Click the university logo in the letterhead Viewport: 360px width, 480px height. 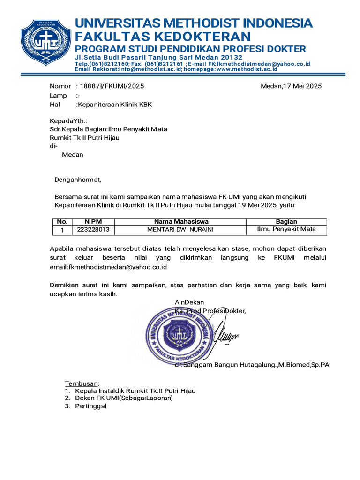click(x=45, y=43)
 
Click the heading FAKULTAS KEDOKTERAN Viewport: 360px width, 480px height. click(x=163, y=37)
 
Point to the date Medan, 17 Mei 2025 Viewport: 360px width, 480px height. click(x=291, y=86)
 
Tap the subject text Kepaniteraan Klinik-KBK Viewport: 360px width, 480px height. click(x=115, y=105)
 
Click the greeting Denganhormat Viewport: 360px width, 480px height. click(x=78, y=179)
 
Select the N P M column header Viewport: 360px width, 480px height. click(x=93, y=221)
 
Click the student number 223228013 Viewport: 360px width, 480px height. click(x=93, y=230)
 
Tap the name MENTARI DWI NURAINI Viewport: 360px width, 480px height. click(x=180, y=230)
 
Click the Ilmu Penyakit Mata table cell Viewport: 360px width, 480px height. click(x=286, y=229)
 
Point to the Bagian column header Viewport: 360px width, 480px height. click(x=286, y=221)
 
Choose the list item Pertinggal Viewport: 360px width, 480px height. click(x=90, y=406)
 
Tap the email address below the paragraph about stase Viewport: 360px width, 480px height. click(x=108, y=267)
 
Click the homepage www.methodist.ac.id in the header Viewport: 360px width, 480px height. click(x=247, y=69)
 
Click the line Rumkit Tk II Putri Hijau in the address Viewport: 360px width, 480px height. click(x=84, y=137)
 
